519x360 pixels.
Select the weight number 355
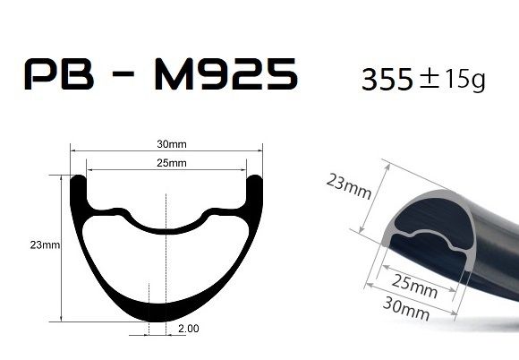[387, 81]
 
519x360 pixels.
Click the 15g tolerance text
[465, 81]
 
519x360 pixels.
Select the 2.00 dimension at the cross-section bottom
[189, 330]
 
